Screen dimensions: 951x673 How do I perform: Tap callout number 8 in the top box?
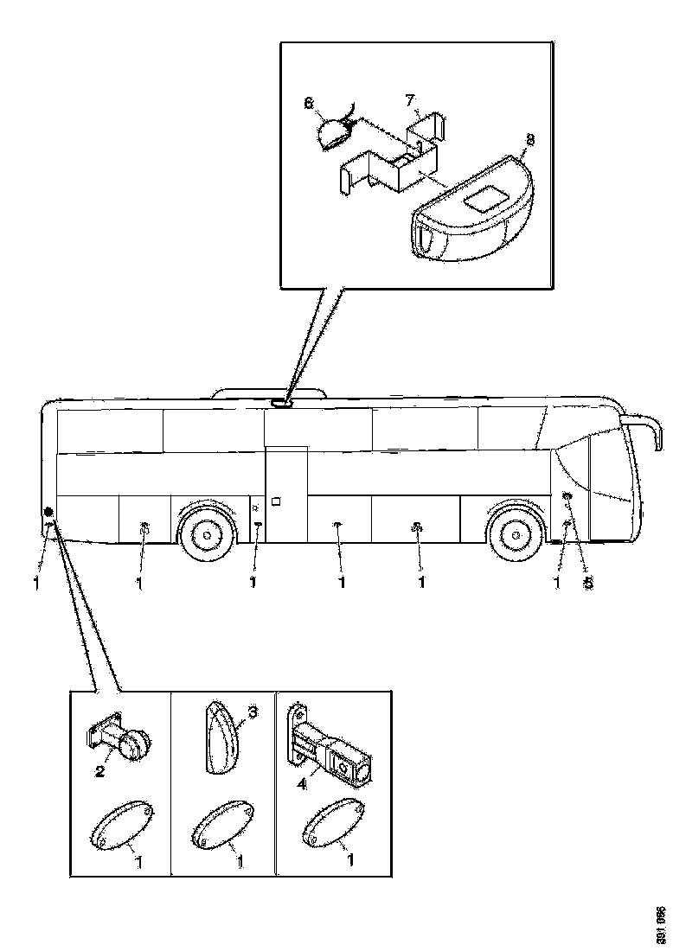(529, 139)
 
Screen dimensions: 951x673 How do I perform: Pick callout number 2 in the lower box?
(99, 770)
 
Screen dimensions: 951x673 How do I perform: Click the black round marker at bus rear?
(48, 511)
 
